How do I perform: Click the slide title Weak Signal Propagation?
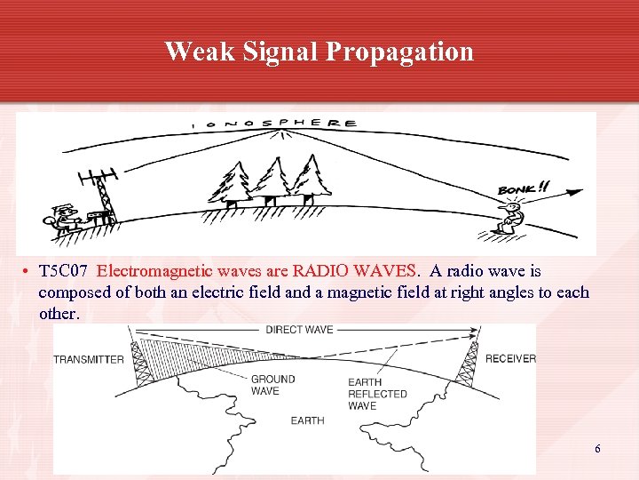pyautogui.click(x=319, y=52)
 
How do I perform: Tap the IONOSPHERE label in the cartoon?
pyautogui.click(x=279, y=124)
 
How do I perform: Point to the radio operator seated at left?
pyautogui.click(x=64, y=218)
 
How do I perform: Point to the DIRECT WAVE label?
pyautogui.click(x=299, y=330)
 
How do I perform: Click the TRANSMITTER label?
pyautogui.click(x=89, y=359)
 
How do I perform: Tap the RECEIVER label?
pyautogui.click(x=510, y=359)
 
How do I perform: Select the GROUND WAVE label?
pyautogui.click(x=272, y=385)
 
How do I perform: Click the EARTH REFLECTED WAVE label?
pyautogui.click(x=377, y=394)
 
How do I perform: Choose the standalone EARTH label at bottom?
pyautogui.click(x=307, y=420)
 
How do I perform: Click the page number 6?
pyautogui.click(x=597, y=449)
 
